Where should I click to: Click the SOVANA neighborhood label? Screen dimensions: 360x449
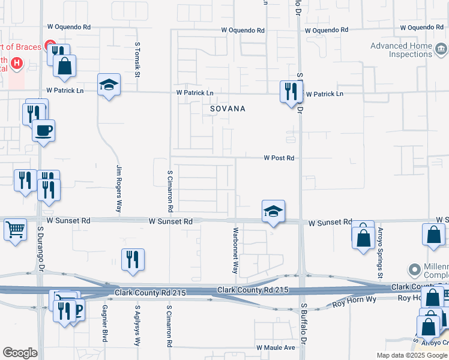228,109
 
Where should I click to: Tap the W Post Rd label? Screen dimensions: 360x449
279,158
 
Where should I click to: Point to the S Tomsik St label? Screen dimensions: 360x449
137,59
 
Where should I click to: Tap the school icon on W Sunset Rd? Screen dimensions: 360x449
273,211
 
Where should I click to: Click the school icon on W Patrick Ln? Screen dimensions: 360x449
109,85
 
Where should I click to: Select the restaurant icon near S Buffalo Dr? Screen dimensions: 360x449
291,92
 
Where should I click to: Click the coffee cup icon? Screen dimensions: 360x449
44,130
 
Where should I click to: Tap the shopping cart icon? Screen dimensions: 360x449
15,229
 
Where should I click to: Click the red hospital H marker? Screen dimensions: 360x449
17,62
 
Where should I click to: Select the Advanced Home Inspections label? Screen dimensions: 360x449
402,50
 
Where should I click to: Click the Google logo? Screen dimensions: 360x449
20,353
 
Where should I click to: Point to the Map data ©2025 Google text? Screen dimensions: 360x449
412,355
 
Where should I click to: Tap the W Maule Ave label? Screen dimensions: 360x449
276,347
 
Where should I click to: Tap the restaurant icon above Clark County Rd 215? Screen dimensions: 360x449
133,260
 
